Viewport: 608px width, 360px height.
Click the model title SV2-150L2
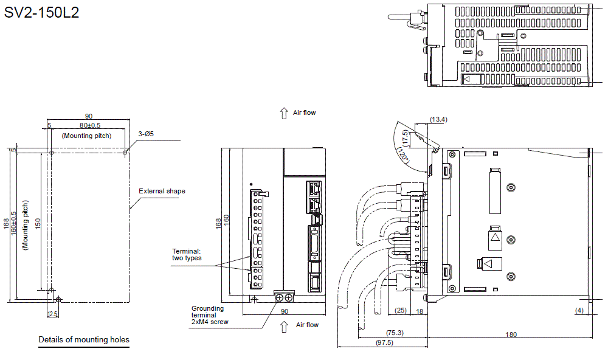click(x=42, y=13)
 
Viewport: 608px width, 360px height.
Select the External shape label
click(x=162, y=191)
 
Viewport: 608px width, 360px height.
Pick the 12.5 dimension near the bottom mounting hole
click(x=52, y=313)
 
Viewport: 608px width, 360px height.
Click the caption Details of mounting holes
click(x=84, y=339)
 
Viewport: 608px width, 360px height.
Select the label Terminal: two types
click(x=187, y=254)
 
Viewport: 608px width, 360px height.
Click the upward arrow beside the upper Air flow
click(x=283, y=112)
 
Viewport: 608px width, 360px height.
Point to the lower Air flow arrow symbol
click(x=284, y=327)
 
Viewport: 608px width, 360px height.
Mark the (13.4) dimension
click(x=438, y=119)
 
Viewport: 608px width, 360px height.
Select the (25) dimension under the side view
click(x=400, y=310)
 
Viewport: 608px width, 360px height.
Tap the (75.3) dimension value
click(x=395, y=333)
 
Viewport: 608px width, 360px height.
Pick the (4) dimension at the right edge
click(x=579, y=311)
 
